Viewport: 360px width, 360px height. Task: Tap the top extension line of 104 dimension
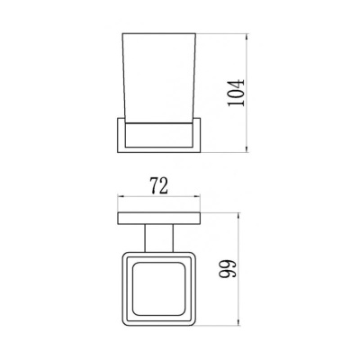tap(220, 36)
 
